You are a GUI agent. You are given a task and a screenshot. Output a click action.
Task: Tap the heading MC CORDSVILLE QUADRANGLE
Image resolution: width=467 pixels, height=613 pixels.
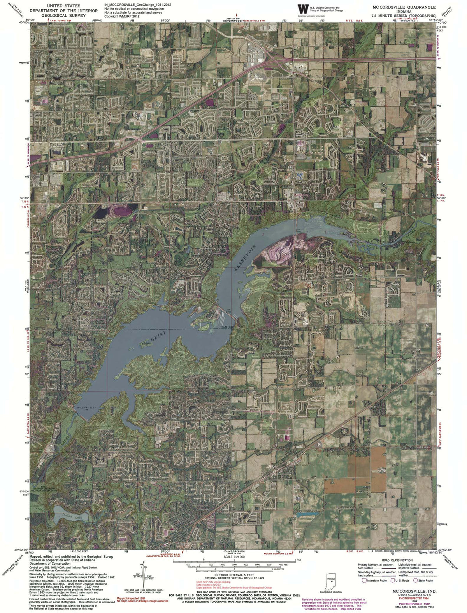(x=404, y=7)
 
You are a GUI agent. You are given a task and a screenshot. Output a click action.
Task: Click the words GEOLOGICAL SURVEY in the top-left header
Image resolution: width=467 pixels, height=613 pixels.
(x=64, y=15)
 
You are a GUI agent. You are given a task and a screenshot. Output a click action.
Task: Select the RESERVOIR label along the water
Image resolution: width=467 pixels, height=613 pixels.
(x=246, y=258)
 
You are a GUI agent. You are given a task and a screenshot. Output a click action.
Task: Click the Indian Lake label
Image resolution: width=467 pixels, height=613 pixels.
(x=70, y=517)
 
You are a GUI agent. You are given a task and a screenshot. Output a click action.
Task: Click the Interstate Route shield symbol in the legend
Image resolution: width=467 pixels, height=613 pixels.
(x=365, y=581)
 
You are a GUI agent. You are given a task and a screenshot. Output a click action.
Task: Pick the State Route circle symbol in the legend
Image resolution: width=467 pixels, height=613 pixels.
(x=415, y=581)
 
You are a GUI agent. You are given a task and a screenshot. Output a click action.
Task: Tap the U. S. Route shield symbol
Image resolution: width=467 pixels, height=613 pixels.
(x=392, y=581)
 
